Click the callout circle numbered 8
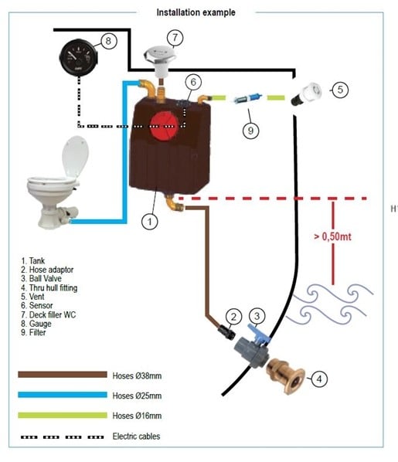[108, 41]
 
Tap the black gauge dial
[79, 58]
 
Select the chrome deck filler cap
[159, 56]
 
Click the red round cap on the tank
[165, 126]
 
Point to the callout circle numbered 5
[340, 90]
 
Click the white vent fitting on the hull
[306, 93]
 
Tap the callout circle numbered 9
[250, 131]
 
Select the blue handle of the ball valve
[259, 334]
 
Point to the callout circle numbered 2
[233, 317]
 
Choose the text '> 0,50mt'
[332, 236]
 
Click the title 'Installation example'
[196, 12]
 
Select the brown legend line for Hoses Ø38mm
[63, 375]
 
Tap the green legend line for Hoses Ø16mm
[63, 415]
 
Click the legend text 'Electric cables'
[136, 436]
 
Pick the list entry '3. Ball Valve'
[41, 278]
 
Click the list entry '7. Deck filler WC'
[49, 314]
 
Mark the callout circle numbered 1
[150, 222]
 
